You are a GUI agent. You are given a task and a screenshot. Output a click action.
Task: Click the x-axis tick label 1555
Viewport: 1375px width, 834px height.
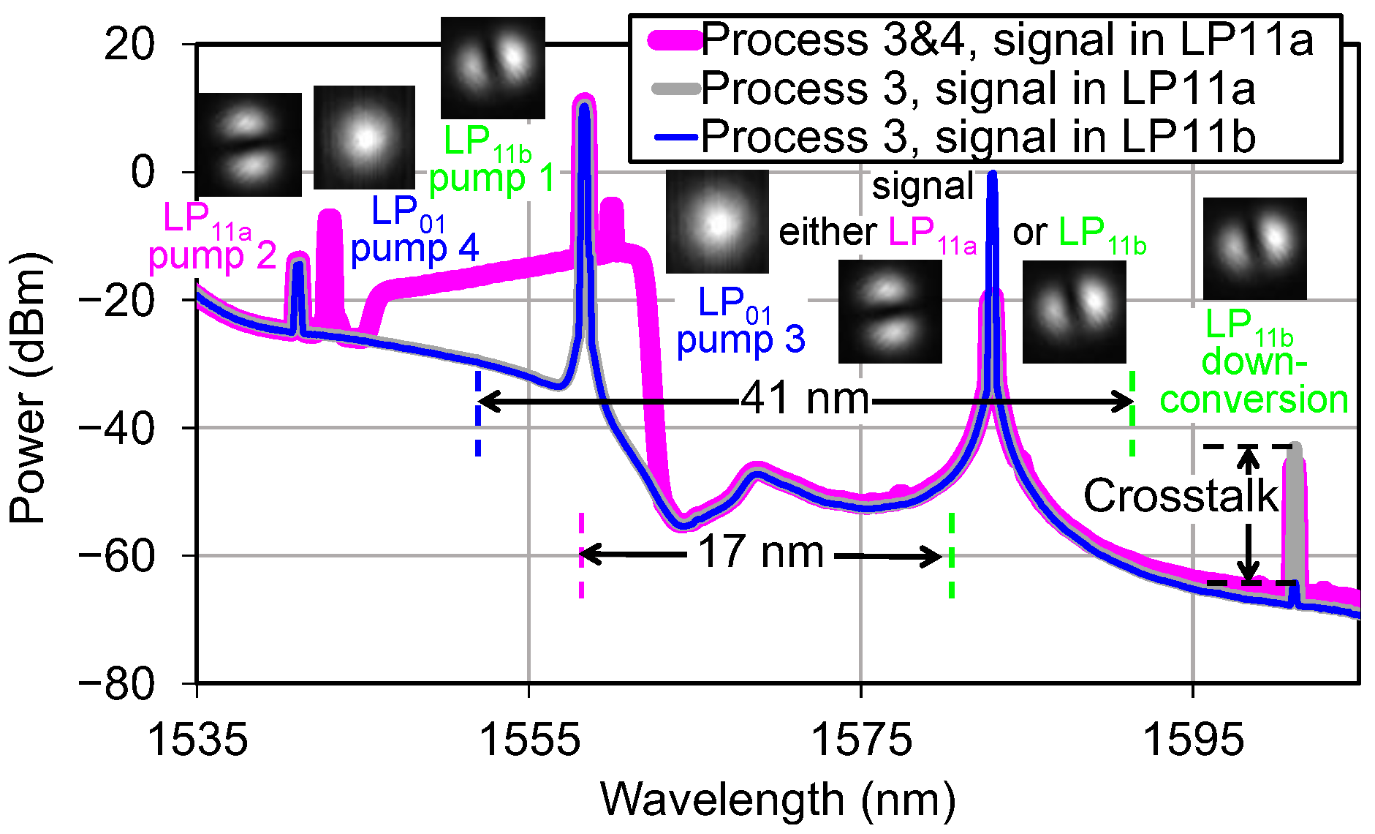(529, 740)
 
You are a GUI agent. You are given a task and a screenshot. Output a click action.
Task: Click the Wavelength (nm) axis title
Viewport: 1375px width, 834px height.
(778, 800)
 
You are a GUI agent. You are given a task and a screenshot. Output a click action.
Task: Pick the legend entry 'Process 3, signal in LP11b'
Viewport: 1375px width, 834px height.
(978, 137)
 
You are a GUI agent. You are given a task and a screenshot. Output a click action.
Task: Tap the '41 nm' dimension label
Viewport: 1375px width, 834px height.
(805, 399)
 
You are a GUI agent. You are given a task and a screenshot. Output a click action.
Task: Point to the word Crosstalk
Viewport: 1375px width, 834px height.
(1180, 496)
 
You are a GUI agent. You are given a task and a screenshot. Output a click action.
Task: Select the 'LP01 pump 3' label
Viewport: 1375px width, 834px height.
(740, 321)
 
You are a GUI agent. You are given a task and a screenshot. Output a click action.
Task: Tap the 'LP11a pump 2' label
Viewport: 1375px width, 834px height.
(211, 237)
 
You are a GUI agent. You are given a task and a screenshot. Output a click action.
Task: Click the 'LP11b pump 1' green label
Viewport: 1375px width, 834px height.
(490, 160)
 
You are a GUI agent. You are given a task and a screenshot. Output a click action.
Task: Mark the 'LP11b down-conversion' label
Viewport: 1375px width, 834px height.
(1254, 362)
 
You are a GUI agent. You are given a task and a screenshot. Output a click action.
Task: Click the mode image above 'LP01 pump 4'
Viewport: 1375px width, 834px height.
(364, 138)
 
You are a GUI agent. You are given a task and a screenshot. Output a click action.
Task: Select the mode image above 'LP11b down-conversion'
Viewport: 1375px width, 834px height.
(1254, 249)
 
